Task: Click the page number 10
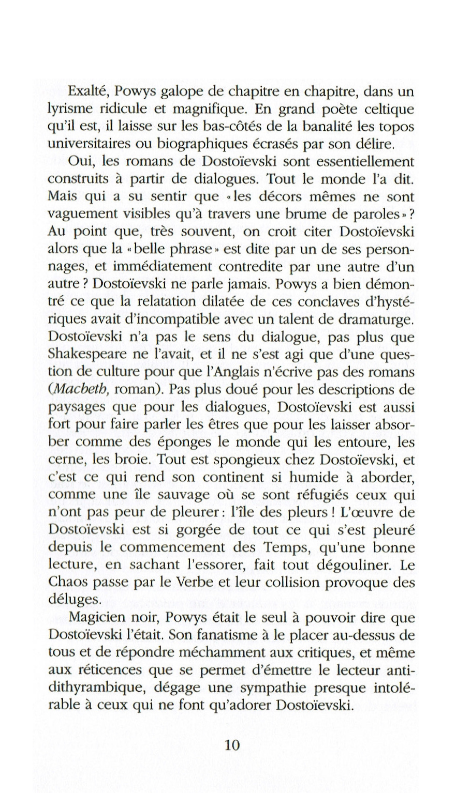point(232,745)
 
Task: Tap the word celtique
point(389,110)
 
